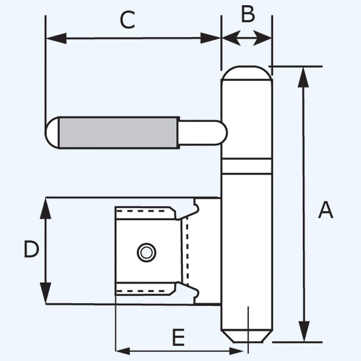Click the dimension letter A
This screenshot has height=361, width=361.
(x=325, y=210)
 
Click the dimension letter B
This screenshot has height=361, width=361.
(x=248, y=15)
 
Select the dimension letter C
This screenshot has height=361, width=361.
(x=128, y=20)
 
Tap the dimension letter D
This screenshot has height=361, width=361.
(x=31, y=250)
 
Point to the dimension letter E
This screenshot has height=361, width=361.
(x=178, y=338)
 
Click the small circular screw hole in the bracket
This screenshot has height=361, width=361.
(x=146, y=252)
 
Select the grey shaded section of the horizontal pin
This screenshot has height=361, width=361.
(x=119, y=132)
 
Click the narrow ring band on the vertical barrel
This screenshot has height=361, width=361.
(x=247, y=166)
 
